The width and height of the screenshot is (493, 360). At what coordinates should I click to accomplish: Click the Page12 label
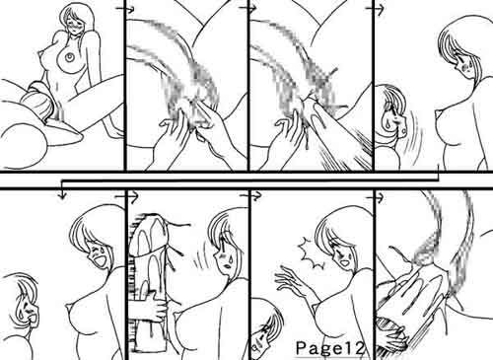(330, 348)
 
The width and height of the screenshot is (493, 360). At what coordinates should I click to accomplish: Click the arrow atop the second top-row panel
(128, 10)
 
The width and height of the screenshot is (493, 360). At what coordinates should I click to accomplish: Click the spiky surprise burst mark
(312, 253)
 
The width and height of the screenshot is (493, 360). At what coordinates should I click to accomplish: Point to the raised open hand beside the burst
(292, 283)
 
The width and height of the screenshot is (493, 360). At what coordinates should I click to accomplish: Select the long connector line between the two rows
(249, 180)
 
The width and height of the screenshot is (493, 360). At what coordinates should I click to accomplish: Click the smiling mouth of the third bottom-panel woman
(344, 263)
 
